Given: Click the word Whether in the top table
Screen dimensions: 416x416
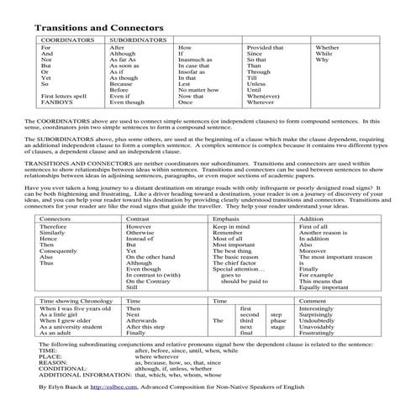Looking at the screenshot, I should [327, 49].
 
